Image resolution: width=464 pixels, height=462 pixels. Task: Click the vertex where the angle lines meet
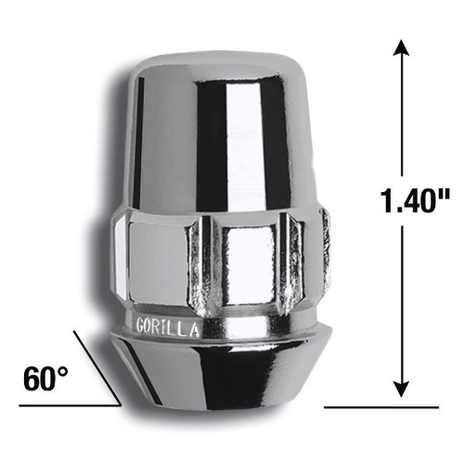tap(121, 405)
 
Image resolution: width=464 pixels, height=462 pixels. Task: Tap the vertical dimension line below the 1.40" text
tap(402, 297)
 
